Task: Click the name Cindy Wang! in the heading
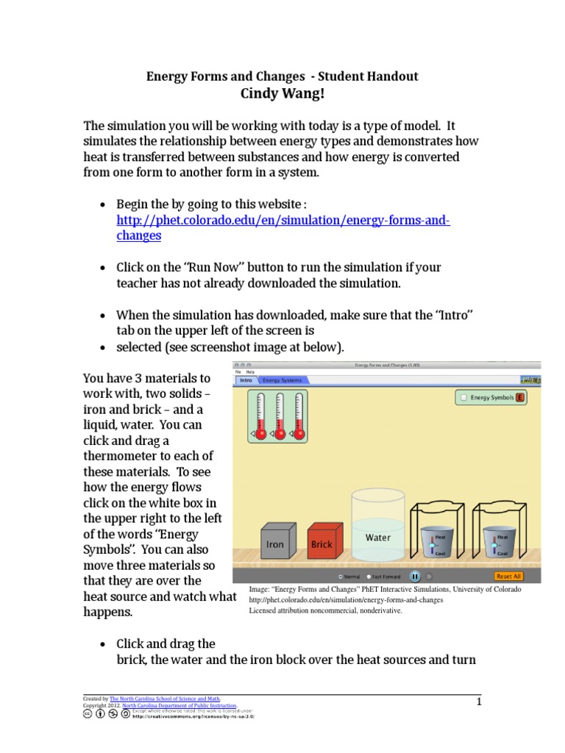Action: click(x=282, y=93)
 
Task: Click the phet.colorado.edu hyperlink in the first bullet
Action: click(x=283, y=221)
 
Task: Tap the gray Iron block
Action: click(x=274, y=545)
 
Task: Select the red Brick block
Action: click(x=321, y=545)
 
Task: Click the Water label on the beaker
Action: click(x=378, y=538)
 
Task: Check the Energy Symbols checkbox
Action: click(x=463, y=398)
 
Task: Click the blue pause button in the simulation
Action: click(x=415, y=577)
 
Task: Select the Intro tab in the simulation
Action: click(x=246, y=380)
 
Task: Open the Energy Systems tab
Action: click(x=282, y=380)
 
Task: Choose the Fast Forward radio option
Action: click(x=368, y=577)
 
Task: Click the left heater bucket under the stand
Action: click(x=439, y=543)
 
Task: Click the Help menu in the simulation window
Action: click(x=251, y=372)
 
